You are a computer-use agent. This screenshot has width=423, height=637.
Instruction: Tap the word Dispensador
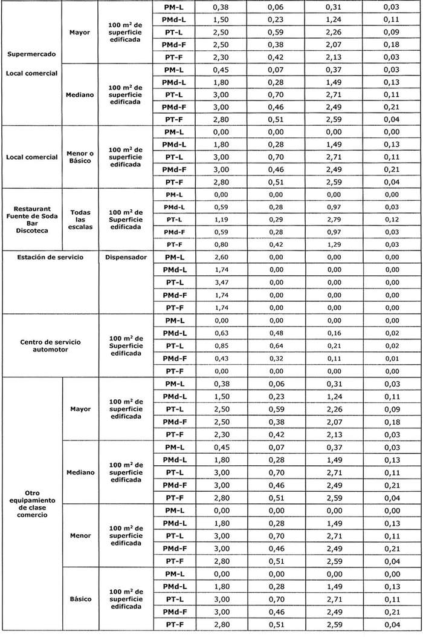click(126, 257)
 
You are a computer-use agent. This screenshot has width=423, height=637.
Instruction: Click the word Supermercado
click(32, 54)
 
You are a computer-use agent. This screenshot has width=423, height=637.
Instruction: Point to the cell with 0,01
click(392, 358)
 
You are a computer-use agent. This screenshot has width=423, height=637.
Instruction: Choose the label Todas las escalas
click(80, 220)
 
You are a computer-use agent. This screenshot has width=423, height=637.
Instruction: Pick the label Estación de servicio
click(51, 257)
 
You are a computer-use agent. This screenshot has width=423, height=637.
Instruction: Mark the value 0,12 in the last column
click(392, 219)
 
